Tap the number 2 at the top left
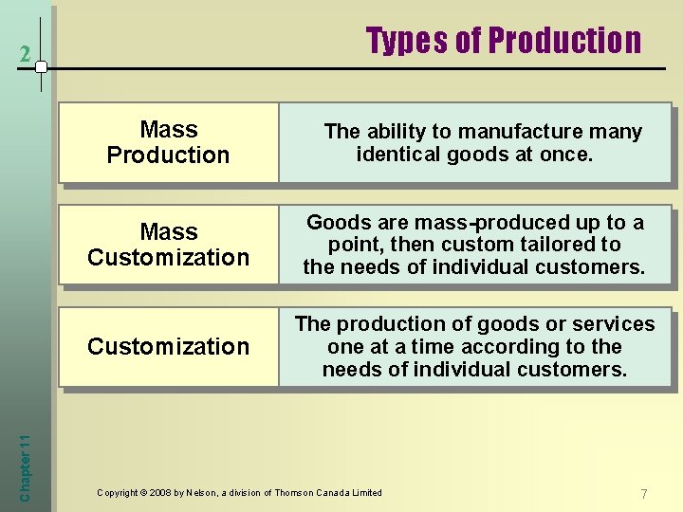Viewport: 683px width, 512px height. click(26, 56)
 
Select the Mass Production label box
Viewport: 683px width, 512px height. click(168, 142)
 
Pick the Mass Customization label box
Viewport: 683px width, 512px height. click(168, 245)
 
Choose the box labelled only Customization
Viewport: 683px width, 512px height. click(168, 347)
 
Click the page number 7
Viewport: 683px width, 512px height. click(644, 494)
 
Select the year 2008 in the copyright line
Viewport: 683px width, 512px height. click(162, 493)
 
